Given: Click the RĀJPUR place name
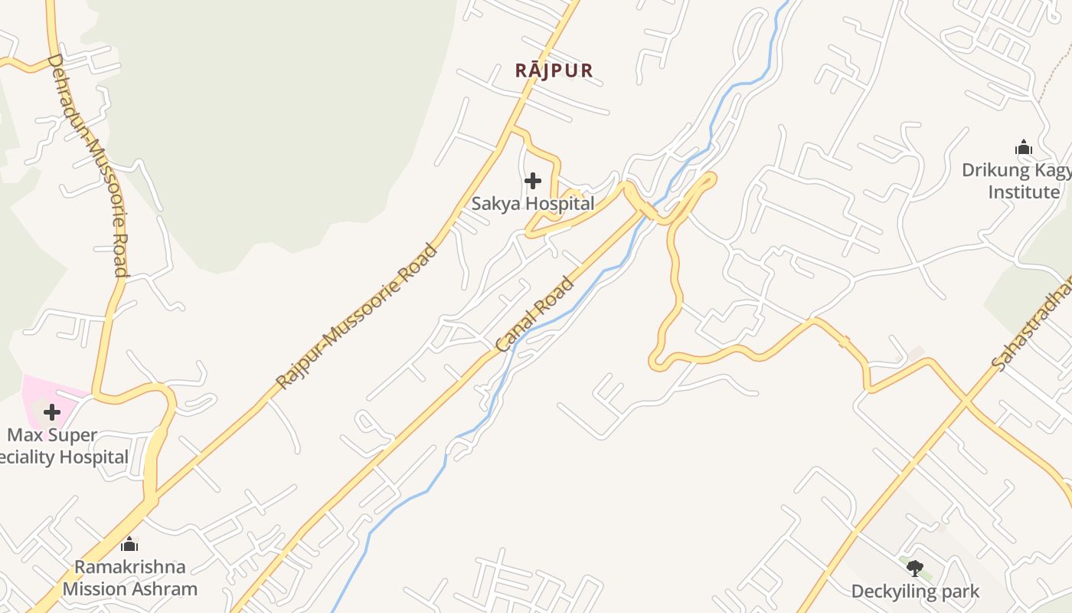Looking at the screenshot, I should (554, 70).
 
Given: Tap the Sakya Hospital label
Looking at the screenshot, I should (532, 204).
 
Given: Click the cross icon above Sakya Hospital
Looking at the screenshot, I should (533, 181).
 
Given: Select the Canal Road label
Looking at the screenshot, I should (534, 315).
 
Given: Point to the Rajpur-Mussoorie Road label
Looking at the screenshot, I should (357, 316).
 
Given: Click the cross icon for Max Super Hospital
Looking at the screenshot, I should (51, 412).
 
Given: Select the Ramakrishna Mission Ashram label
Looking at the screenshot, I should (130, 578).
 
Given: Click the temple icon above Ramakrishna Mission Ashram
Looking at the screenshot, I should (129, 544).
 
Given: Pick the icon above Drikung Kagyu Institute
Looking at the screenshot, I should (1024, 147).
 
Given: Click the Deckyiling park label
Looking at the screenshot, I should (915, 591).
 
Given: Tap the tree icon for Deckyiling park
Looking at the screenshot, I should (915, 568).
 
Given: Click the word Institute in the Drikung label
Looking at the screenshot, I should (1024, 192).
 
